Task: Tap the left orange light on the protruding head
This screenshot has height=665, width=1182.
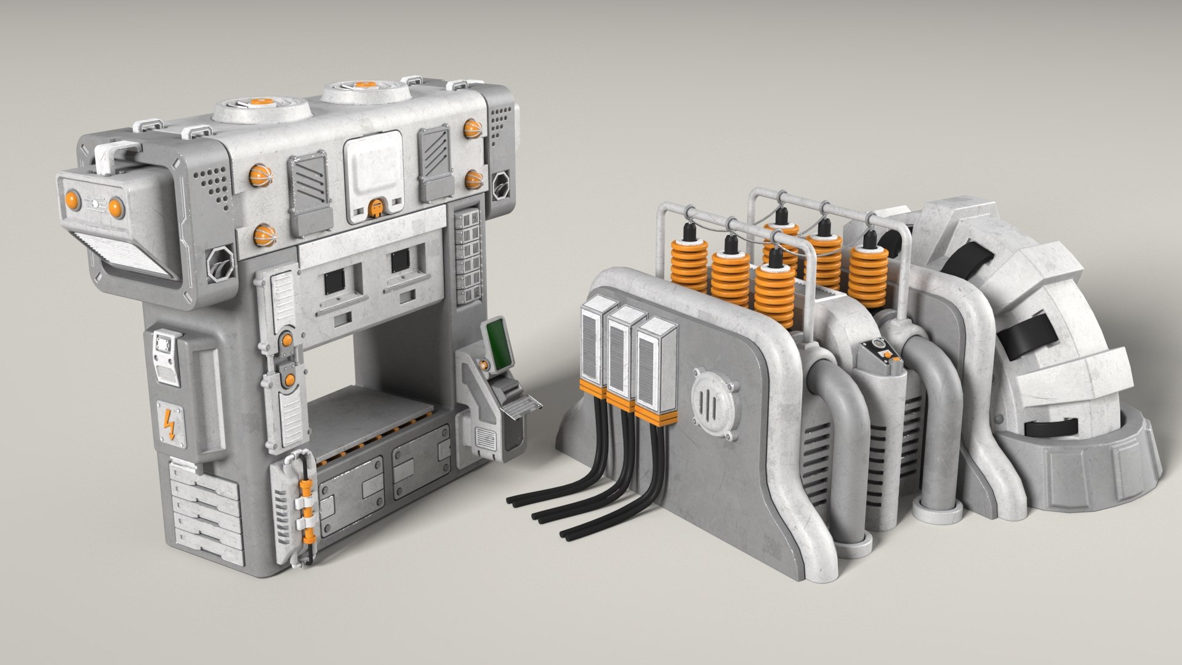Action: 72,199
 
